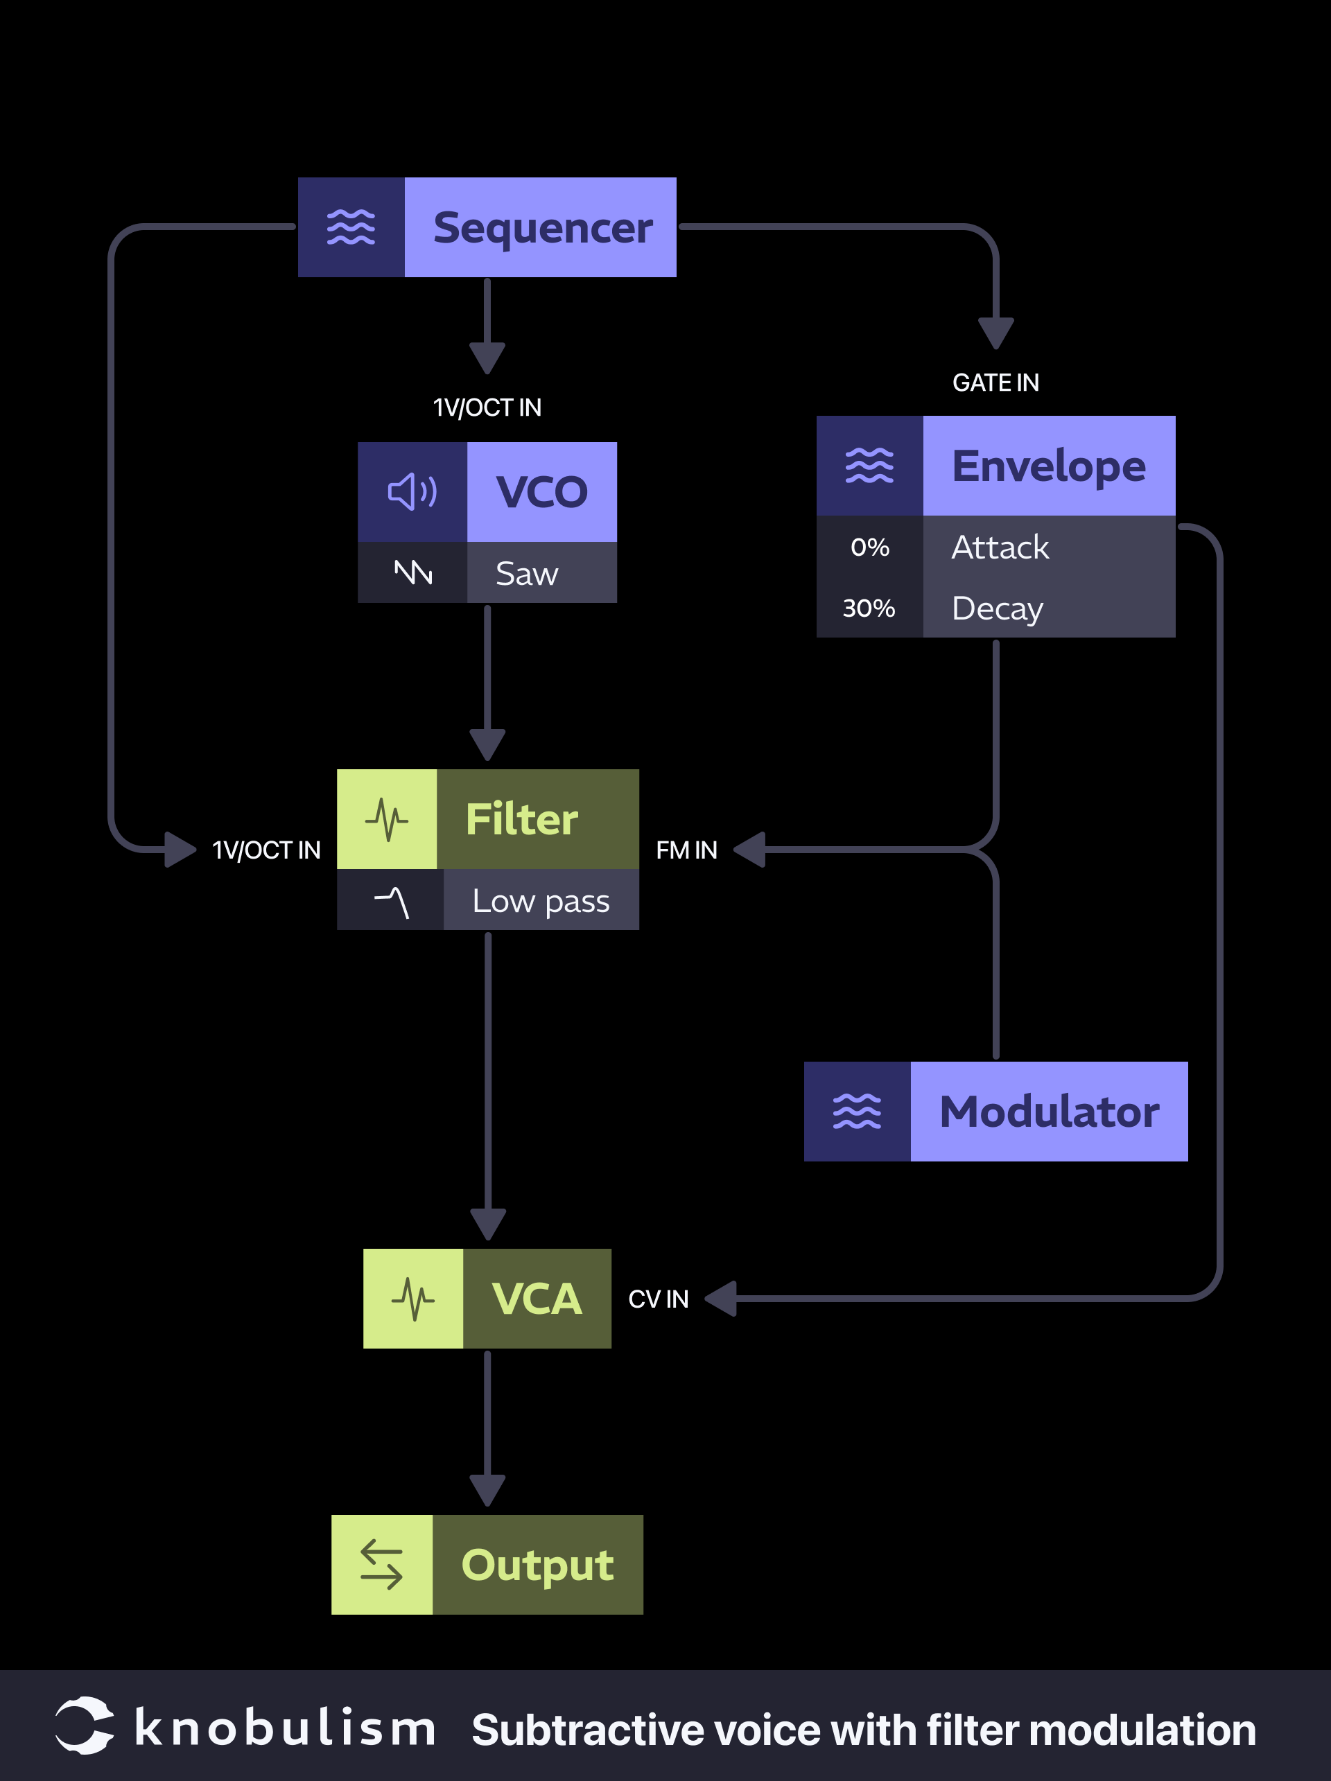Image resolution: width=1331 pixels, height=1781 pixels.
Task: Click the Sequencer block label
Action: [x=542, y=228]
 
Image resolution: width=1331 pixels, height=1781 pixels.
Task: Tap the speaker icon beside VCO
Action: [x=412, y=492]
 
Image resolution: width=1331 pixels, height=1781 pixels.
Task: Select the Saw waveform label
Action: [x=527, y=573]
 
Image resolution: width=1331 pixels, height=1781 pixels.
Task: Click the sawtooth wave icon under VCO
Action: [x=413, y=572]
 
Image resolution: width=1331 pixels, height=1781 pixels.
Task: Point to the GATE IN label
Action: [x=995, y=383]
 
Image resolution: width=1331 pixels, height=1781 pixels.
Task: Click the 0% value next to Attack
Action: [x=869, y=547]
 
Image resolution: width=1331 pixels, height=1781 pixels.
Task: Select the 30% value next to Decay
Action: [x=869, y=608]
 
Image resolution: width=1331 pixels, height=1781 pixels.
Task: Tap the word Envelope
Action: [x=1048, y=466]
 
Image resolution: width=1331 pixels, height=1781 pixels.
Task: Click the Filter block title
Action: [x=522, y=820]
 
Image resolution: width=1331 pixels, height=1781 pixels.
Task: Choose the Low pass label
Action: [x=540, y=900]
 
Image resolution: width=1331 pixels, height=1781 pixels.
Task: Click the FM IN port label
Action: [x=686, y=850]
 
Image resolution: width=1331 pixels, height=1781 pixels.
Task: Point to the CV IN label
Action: [x=658, y=1299]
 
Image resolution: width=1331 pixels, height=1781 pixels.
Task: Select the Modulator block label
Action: [x=1048, y=1112]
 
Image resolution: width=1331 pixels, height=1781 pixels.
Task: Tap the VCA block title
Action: [x=537, y=1299]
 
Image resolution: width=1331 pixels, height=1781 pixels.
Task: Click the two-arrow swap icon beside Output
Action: [x=382, y=1564]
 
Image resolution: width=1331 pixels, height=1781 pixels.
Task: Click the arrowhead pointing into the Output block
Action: [x=487, y=1489]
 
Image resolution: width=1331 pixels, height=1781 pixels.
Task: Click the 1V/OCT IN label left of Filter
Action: [x=266, y=850]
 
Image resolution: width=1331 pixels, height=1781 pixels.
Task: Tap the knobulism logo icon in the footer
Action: [x=84, y=1725]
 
